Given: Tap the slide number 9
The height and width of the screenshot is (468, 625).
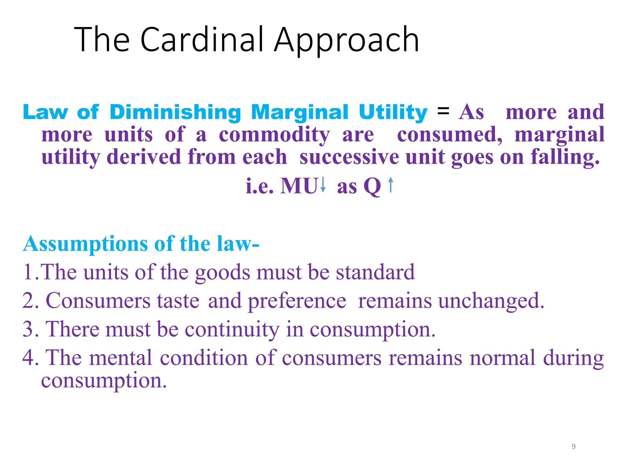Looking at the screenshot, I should [x=574, y=447].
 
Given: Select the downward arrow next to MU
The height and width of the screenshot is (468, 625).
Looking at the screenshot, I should [x=323, y=185].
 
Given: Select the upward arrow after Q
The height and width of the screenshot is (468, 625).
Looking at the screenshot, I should [x=391, y=185].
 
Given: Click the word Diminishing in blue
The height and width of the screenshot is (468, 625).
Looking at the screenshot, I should [x=175, y=112].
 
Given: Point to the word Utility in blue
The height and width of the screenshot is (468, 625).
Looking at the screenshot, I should [x=393, y=112].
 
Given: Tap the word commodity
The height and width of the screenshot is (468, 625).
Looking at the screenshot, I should [x=274, y=135].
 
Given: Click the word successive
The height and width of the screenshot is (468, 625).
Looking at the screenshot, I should [x=349, y=157].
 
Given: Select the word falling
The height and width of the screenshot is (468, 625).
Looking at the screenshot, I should [x=565, y=157].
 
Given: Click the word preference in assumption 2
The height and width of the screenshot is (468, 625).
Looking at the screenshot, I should [x=297, y=301].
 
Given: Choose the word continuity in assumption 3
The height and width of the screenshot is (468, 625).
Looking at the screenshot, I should [x=232, y=329].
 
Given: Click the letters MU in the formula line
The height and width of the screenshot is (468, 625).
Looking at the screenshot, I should [x=299, y=186].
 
